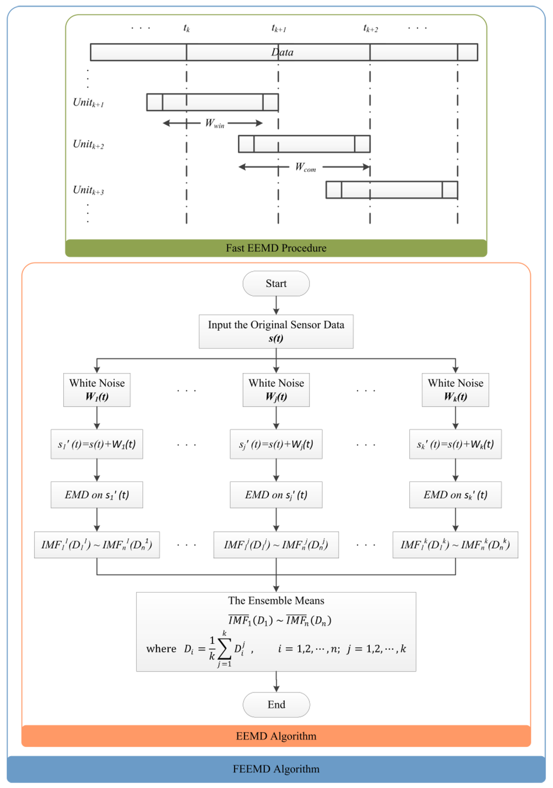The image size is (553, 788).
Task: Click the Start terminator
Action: (276, 284)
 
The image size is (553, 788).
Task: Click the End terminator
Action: (276, 704)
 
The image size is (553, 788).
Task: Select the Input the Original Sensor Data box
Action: (276, 331)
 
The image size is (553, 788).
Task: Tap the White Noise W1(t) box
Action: (97, 390)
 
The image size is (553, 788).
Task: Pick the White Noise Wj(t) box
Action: (276, 390)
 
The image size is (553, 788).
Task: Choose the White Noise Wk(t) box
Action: (455, 390)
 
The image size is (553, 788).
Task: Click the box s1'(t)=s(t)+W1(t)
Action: (97, 444)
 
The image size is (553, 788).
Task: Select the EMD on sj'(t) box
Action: (276, 495)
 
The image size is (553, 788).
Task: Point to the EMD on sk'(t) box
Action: (455, 495)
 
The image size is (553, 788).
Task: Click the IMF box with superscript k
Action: (455, 545)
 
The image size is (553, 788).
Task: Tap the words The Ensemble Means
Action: (276, 601)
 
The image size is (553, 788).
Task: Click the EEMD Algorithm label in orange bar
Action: (276, 736)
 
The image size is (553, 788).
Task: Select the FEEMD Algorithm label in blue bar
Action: (276, 769)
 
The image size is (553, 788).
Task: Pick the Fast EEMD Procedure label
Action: (276, 248)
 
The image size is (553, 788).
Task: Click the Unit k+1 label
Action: (88, 103)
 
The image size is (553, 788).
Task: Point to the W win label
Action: (214, 124)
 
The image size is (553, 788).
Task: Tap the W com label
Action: (305, 167)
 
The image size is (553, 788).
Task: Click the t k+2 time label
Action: (370, 29)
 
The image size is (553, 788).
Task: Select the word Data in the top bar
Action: (282, 52)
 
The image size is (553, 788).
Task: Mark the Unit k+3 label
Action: (88, 190)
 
